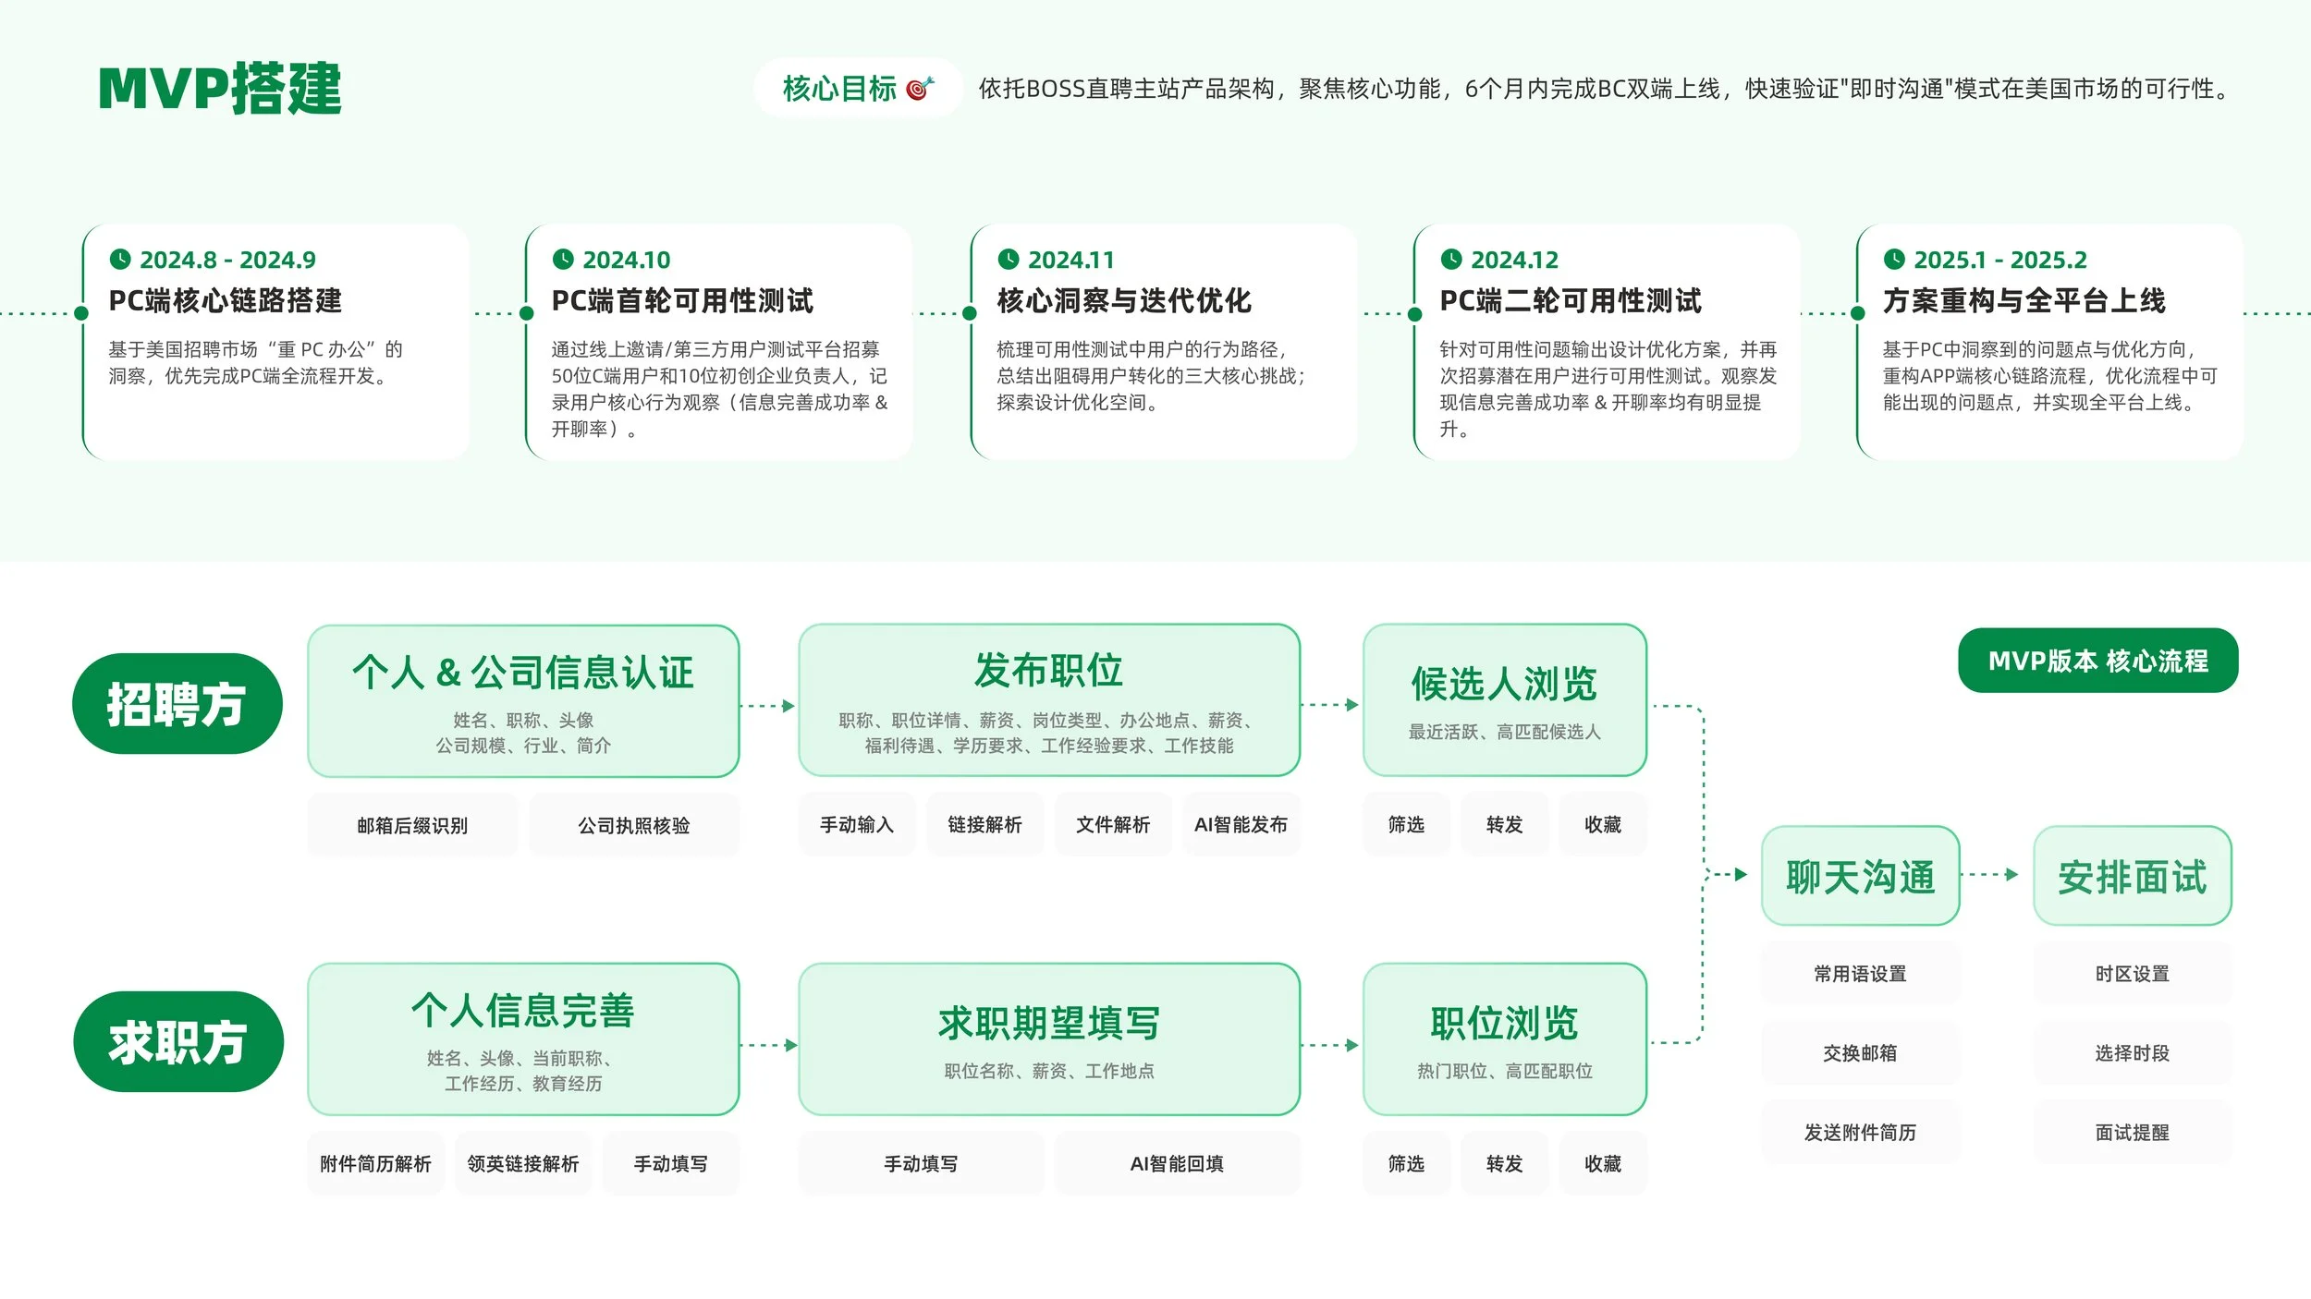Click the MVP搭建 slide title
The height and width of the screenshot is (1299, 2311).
coord(220,89)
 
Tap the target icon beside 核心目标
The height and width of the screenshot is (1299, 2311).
coord(920,88)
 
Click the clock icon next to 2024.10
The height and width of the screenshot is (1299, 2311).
coord(562,260)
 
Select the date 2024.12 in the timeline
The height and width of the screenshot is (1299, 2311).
coord(1514,260)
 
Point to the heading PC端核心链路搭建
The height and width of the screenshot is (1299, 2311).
coord(226,300)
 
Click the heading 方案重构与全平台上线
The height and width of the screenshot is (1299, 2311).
coord(2024,300)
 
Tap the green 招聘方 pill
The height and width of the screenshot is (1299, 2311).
coord(177,704)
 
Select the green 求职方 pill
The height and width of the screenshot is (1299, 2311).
coord(177,1042)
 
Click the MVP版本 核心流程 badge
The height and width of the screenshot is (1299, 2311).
coord(2097,661)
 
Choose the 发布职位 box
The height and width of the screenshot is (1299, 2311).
coord(1048,700)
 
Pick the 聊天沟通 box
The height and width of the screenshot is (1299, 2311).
coord(1860,876)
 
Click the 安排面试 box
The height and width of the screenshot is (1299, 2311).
coord(2132,876)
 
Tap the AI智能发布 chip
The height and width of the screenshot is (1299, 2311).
coord(1241,824)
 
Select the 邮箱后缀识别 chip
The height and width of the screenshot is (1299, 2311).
coord(412,825)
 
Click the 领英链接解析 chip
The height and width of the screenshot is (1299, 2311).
coord(522,1163)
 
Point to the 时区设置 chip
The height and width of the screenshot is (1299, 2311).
coord(2132,974)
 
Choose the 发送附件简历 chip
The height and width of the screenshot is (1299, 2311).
coord(1860,1132)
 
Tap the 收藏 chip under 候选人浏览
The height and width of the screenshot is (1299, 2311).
coord(1602,824)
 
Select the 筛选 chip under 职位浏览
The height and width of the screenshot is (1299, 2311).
coord(1406,1163)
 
